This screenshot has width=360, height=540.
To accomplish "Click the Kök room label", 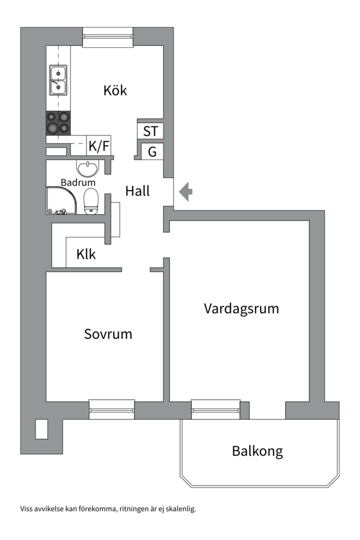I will tap(115, 90).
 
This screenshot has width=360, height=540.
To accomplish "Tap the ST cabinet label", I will tap(150, 131).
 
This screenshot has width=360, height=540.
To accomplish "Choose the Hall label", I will tap(137, 191).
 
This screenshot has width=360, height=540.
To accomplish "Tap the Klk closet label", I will tap(86, 254).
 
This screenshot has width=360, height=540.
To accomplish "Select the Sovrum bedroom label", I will tap(108, 334).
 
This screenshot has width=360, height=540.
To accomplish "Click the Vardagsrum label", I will tap(241, 308).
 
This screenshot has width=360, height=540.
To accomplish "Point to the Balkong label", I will tap(257, 451).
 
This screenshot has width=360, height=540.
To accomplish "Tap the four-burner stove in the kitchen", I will tap(58, 123).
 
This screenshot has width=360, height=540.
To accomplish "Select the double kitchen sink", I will tap(58, 80).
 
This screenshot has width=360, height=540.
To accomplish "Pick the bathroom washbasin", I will tap(89, 168).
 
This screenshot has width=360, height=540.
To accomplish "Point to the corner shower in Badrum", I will tap(61, 200).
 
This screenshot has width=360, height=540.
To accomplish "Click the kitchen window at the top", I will tap(108, 37).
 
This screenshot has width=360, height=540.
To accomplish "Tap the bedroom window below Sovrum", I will tap(111, 409).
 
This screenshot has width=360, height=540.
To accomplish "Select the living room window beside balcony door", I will tap(215, 409).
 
